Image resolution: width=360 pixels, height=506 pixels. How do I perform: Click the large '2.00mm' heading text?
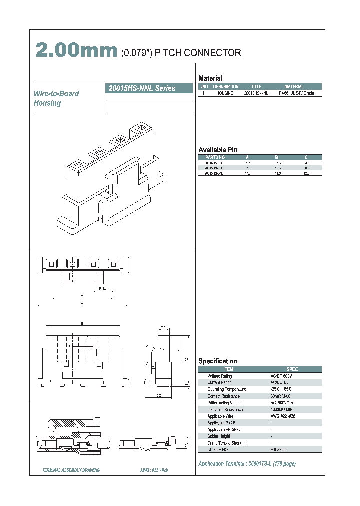pyautogui.click(x=76, y=51)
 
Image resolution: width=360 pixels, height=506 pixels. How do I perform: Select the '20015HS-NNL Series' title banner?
pyautogui.click(x=142, y=88)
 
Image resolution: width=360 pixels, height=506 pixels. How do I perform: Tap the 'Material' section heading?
pyautogui.click(x=210, y=78)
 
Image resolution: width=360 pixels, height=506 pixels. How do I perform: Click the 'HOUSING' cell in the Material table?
pyautogui.click(x=225, y=93)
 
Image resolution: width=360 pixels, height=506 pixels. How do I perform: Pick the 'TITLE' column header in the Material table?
pyautogui.click(x=256, y=87)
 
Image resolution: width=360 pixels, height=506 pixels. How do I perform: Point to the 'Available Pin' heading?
pyautogui.click(x=218, y=150)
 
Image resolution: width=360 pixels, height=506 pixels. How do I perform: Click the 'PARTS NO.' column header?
pyautogui.click(x=212, y=157)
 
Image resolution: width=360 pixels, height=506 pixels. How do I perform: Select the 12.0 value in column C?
pyautogui.click(x=307, y=173)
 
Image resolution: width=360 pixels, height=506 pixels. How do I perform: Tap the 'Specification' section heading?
pyautogui.click(x=218, y=361)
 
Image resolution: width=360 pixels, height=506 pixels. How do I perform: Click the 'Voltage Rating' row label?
pyautogui.click(x=220, y=376)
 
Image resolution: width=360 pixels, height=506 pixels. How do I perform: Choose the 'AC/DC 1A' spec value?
pyautogui.click(x=280, y=383)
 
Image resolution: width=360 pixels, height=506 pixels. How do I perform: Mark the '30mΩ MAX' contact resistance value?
pyautogui.click(x=281, y=396)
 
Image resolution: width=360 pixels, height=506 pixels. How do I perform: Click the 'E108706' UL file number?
pyautogui.click(x=280, y=450)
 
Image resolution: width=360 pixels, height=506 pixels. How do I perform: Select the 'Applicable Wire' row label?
pyautogui.click(x=220, y=416)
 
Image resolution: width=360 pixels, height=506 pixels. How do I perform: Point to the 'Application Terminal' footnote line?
pyautogui.click(x=247, y=464)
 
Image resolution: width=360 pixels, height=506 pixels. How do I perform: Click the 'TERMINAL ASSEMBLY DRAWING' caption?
pyautogui.click(x=71, y=470)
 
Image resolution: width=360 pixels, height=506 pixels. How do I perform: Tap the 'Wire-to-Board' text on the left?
pyautogui.click(x=56, y=93)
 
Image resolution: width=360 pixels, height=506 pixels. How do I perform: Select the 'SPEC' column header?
pyautogui.click(x=292, y=369)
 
